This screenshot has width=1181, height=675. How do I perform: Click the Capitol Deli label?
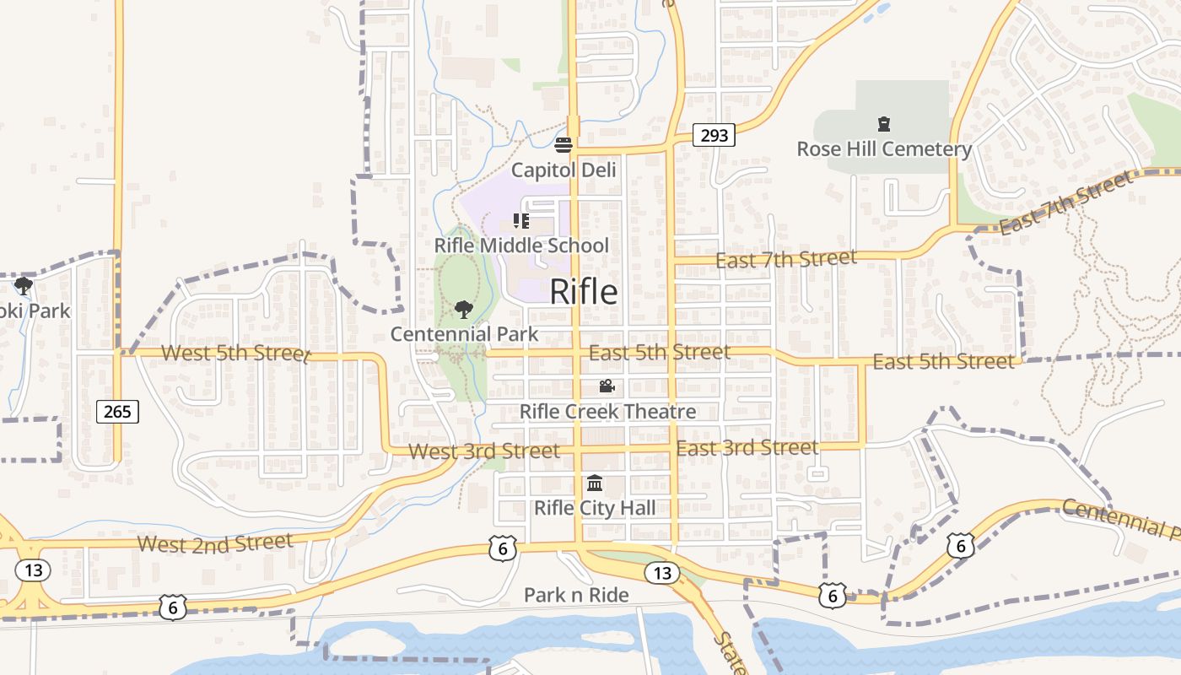564,170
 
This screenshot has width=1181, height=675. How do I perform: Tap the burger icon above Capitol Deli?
564,144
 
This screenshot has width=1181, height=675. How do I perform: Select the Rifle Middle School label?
520,246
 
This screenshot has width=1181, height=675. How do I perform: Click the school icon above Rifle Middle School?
520,221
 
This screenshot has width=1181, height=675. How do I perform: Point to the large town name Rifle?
583,292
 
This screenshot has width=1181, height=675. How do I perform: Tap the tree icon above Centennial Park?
463,310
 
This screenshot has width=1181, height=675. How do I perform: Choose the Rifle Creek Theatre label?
607,412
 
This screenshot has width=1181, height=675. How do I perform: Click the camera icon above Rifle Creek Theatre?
607,386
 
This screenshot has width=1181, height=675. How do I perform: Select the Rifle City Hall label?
595,508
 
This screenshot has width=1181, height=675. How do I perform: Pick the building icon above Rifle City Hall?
595,483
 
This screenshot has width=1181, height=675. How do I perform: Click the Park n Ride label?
576,595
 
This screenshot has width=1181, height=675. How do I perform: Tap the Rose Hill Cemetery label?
884,149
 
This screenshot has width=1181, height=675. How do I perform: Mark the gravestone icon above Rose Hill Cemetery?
884,125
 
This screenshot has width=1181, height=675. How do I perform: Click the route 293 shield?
714,134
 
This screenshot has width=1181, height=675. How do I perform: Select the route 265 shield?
117,411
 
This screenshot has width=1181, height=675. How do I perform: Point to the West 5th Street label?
235,352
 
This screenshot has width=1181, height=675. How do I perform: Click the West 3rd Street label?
483,451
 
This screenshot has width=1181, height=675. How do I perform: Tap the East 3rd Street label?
747,447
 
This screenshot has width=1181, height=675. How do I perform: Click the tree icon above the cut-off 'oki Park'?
24,286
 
